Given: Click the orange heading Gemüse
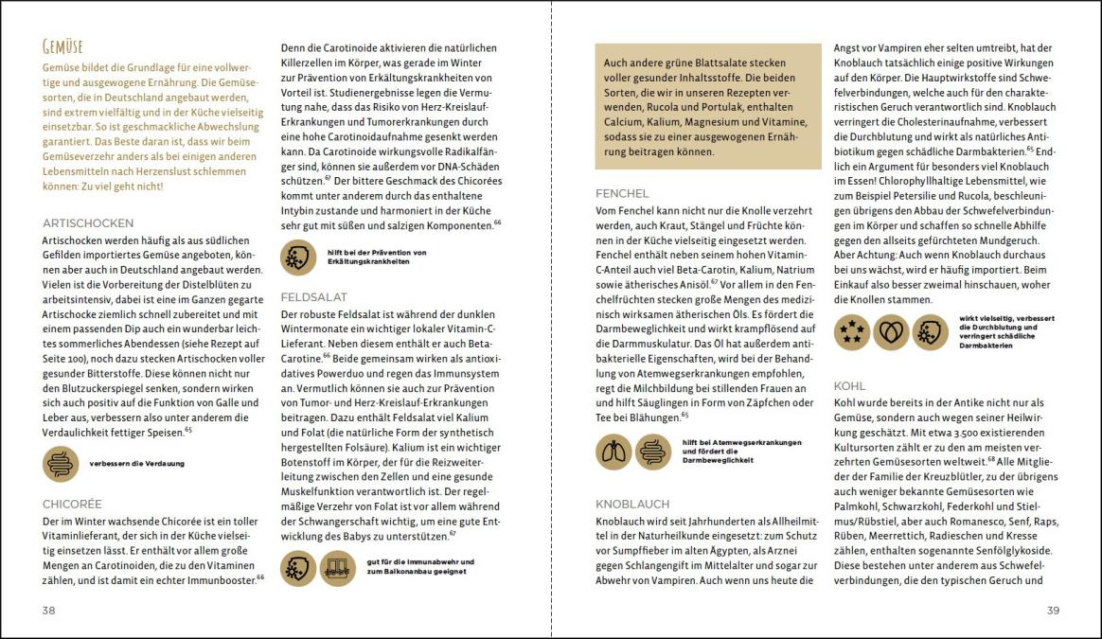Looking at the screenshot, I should (x=63, y=46).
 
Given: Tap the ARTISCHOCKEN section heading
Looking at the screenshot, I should (x=87, y=222).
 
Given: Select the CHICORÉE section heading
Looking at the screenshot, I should (x=72, y=504).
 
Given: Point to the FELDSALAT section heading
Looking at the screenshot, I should (x=314, y=296).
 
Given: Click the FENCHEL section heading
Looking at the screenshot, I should (x=622, y=193).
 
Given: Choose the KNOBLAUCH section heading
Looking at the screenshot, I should (x=632, y=504).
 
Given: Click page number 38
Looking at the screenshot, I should (x=49, y=611).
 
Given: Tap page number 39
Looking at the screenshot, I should (x=1052, y=611).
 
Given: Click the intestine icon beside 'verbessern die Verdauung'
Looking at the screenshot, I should (x=61, y=464).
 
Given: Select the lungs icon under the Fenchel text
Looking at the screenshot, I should (x=613, y=452).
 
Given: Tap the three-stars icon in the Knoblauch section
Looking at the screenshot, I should (x=852, y=332).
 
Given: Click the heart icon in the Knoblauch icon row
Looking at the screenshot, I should (x=891, y=332).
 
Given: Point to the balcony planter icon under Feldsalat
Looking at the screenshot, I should (x=338, y=568).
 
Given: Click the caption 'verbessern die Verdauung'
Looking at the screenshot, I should (x=136, y=464).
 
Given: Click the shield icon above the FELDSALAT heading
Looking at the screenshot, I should (x=299, y=257).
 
